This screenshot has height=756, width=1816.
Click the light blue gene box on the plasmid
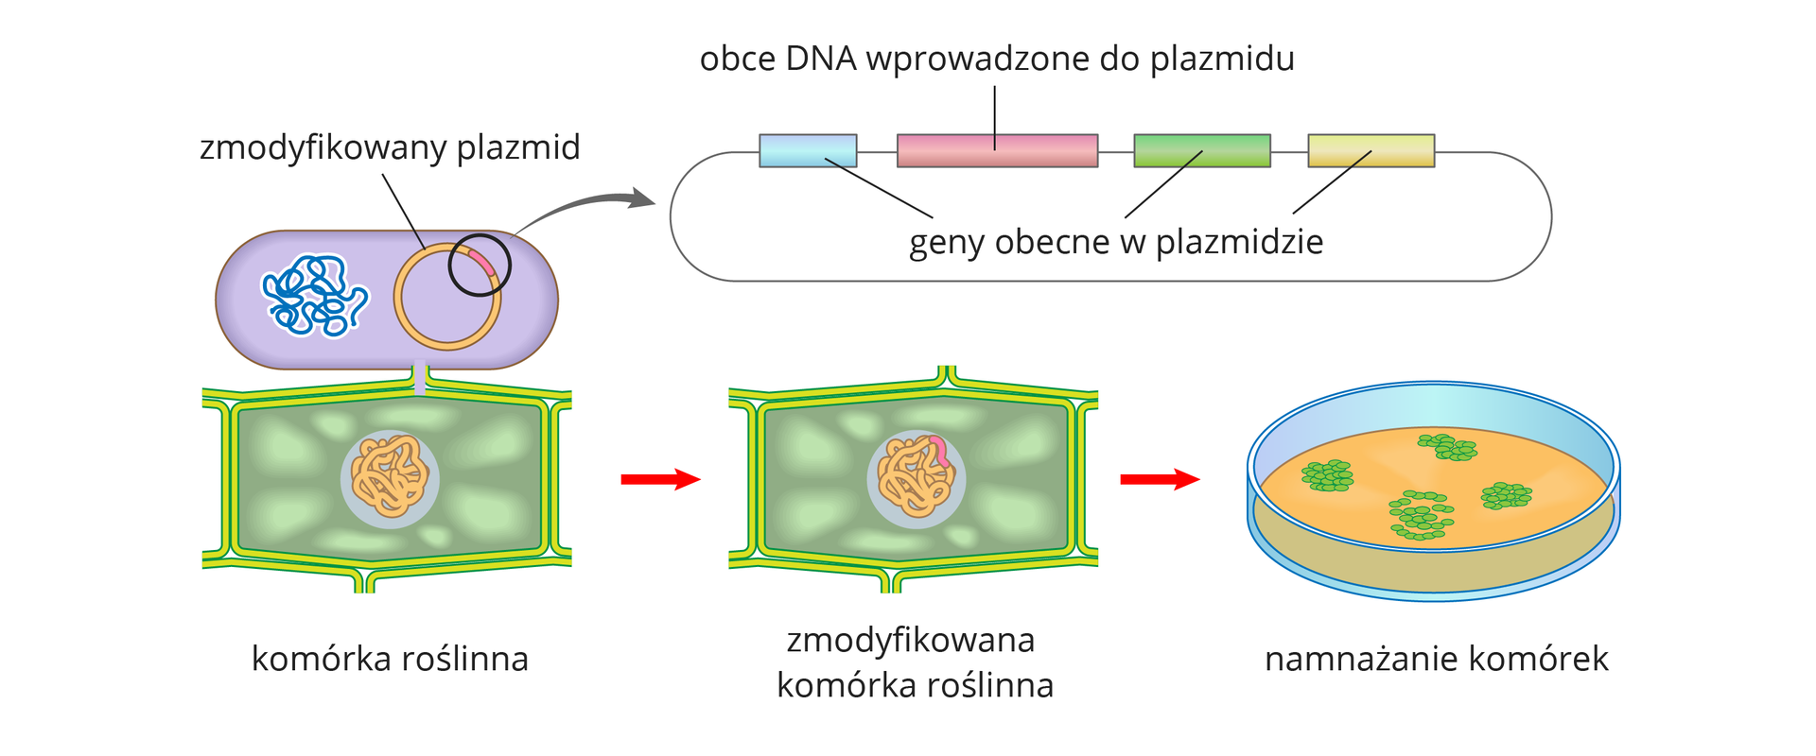(808, 151)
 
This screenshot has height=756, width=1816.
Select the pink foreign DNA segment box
(997, 151)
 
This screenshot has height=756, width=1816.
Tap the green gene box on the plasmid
(1201, 151)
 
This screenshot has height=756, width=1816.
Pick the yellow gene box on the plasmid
(1371, 151)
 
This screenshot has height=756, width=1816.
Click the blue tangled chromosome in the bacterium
(314, 296)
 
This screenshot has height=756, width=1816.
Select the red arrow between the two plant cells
(659, 479)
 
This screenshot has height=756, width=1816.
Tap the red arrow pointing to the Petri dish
(1159, 479)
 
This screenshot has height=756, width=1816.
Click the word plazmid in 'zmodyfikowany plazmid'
(517, 148)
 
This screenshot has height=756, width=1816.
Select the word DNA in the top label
(820, 60)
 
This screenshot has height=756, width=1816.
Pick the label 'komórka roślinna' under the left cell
(390, 659)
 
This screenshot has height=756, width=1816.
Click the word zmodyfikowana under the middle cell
(910, 640)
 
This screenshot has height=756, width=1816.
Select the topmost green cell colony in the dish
(1447, 448)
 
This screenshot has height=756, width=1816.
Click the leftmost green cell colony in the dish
(1328, 475)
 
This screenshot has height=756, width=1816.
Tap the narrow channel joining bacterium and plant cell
(420, 379)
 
